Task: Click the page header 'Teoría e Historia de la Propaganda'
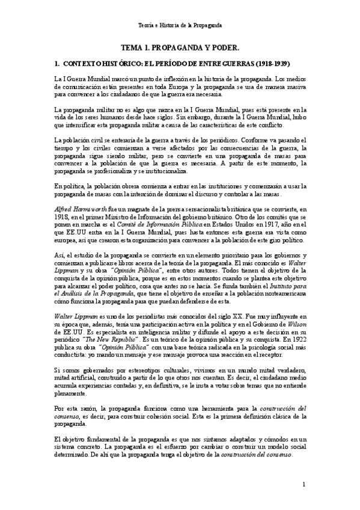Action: coord(180,26)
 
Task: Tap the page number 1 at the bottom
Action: coord(304,484)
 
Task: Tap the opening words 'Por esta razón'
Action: coord(76,408)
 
